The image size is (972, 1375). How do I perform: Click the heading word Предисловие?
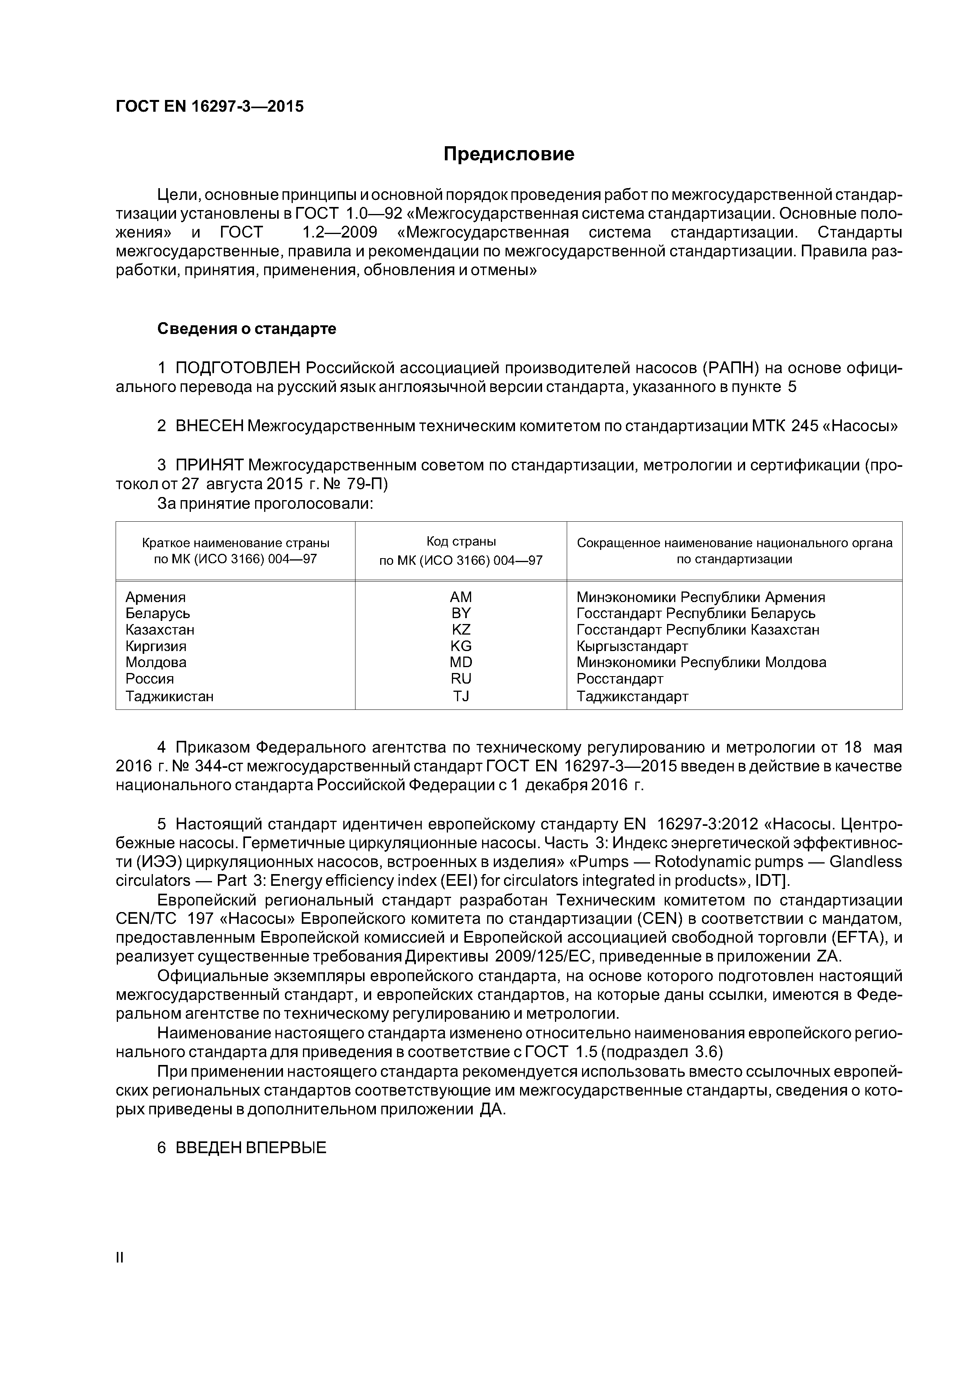[x=508, y=154]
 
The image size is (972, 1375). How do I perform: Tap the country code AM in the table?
[x=461, y=597]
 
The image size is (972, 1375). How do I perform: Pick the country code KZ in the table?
[x=461, y=629]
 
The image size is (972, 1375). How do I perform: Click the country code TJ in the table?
[x=461, y=696]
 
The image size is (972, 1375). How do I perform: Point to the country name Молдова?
[x=156, y=662]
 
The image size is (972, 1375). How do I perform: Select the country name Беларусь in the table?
[x=158, y=613]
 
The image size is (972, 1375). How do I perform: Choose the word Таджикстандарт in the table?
[x=633, y=696]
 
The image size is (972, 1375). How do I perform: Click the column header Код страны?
[x=461, y=541]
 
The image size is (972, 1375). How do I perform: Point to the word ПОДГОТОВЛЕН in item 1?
[x=238, y=367]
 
